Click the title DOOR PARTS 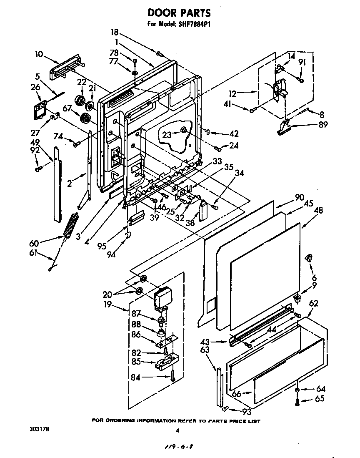click(179, 14)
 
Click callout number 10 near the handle click(39, 54)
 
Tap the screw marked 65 click(297, 403)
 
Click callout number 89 click(323, 124)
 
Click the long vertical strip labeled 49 click(56, 184)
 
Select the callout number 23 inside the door click(167, 134)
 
